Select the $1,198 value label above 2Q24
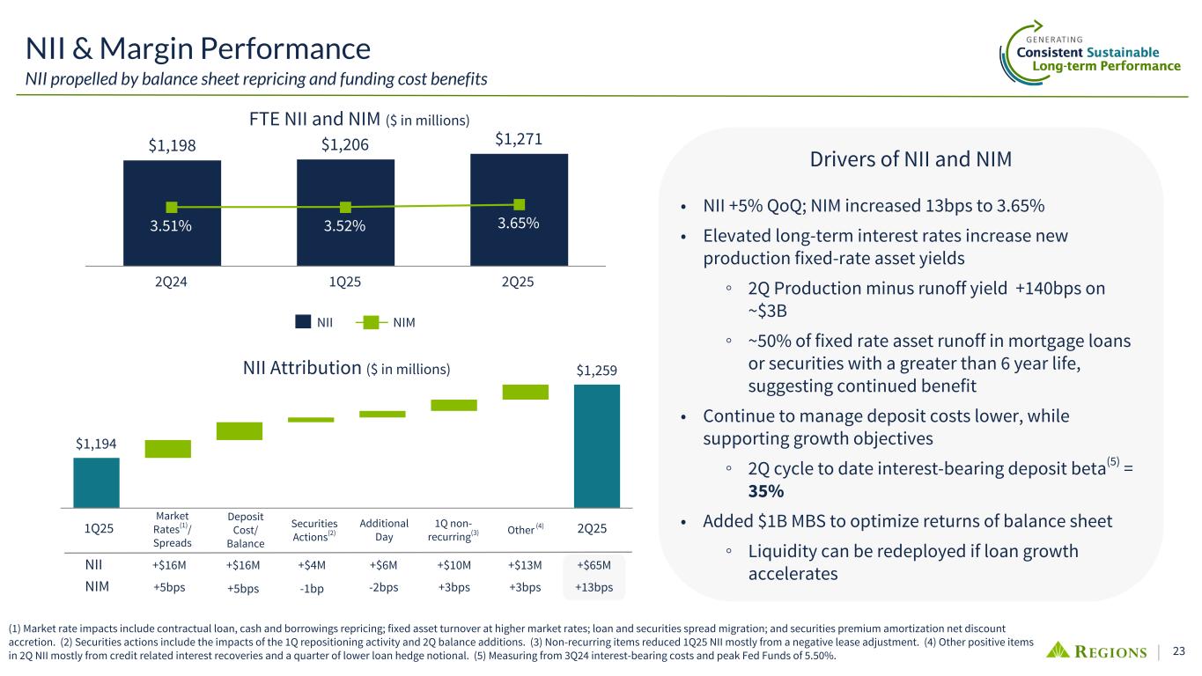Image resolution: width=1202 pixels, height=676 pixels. pos(172,143)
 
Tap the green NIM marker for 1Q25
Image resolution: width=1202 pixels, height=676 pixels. pos(345,207)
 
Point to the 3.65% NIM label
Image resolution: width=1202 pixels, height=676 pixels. pos(519,224)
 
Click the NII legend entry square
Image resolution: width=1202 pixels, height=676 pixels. pos(302,322)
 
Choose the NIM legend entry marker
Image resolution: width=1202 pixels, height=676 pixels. pos(370,322)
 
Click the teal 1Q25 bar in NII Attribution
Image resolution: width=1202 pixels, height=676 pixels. pos(96,482)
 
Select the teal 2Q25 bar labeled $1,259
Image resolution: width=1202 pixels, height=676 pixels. pos(596,445)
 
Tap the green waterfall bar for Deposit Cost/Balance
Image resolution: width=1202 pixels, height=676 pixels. pos(240,431)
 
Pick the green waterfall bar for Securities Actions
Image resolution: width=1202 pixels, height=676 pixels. pos(311,420)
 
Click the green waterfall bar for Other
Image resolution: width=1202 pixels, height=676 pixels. pos(526,393)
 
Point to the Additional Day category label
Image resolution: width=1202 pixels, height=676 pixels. pos(382,530)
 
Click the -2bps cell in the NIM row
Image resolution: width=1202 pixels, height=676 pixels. pos(383,587)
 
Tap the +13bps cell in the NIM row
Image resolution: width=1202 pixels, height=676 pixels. pos(594,587)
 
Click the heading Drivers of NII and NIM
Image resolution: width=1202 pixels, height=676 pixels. pos(911,160)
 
